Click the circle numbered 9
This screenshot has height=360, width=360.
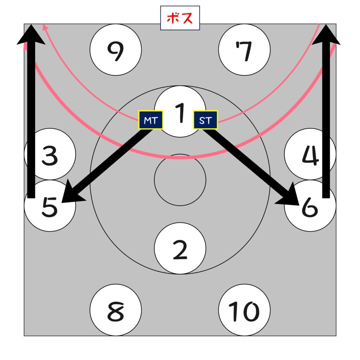(116, 50)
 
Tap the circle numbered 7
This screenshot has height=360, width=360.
(244, 50)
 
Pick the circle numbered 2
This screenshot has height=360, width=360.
(180, 248)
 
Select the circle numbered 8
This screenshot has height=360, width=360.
(116, 310)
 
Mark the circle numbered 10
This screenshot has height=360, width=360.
(244, 310)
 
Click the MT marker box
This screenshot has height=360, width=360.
(151, 120)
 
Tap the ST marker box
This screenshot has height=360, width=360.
(206, 120)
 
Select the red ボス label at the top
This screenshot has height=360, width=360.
(180, 18)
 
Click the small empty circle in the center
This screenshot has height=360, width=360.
(180, 180)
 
